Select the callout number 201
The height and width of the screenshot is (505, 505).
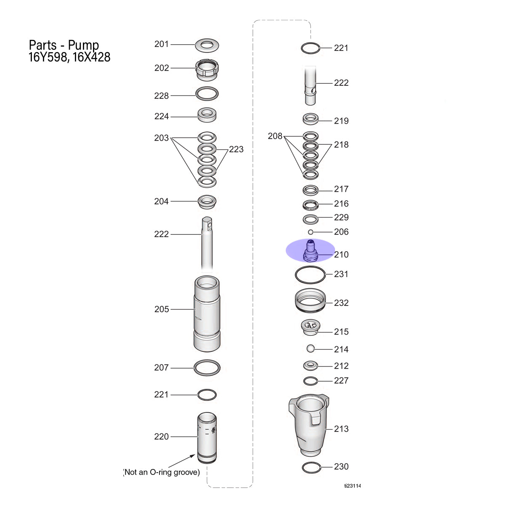click(x=162, y=44)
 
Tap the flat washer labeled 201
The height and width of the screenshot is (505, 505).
click(x=207, y=45)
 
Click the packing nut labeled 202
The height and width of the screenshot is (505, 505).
click(x=207, y=70)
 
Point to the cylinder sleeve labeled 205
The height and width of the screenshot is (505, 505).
click(x=207, y=314)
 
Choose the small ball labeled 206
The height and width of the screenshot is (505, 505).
click(x=311, y=232)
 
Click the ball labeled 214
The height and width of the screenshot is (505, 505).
click(x=311, y=348)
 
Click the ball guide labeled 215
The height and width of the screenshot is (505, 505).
click(x=310, y=327)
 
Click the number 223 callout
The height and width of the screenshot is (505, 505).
click(x=236, y=149)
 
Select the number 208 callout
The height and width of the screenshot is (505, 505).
click(x=275, y=136)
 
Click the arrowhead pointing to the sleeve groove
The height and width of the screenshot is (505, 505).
click(x=193, y=456)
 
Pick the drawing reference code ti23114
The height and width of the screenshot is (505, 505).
click(x=352, y=486)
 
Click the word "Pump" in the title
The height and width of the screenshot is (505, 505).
click(x=83, y=45)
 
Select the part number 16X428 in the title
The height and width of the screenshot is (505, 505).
click(x=91, y=57)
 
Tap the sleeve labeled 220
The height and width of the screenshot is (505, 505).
click(x=207, y=438)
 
